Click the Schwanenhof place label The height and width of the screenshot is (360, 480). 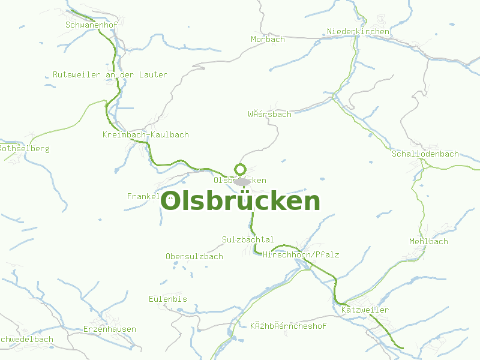(91, 25)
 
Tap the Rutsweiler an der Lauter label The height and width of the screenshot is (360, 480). (110, 74)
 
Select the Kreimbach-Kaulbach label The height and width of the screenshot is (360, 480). (145, 135)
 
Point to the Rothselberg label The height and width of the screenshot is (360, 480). (24, 148)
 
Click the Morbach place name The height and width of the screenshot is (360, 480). (268, 39)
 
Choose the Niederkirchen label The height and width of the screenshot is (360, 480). (358, 31)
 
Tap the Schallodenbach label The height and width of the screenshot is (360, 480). (425, 154)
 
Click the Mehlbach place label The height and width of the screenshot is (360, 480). (428, 241)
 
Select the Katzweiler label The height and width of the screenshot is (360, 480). (365, 310)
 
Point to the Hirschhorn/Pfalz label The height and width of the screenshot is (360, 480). (301, 255)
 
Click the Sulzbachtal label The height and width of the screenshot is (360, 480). (248, 239)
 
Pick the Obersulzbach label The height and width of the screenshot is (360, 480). (194, 256)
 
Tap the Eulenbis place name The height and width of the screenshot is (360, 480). (168, 299)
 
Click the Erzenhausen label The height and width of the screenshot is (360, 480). (109, 329)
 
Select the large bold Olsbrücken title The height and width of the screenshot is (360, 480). (241, 202)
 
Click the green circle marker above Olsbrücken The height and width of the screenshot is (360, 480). (240, 169)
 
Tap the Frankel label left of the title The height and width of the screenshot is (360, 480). (143, 196)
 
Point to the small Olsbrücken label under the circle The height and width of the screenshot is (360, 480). (239, 180)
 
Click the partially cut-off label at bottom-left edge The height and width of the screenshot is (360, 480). (26, 339)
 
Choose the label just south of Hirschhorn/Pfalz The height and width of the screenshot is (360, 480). (288, 326)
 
